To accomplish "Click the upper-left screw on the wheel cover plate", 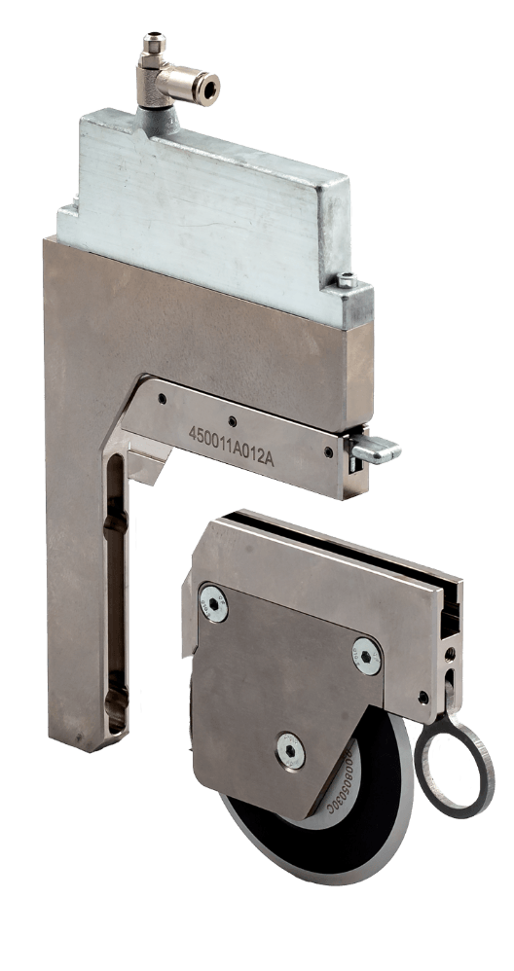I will pos(212,601).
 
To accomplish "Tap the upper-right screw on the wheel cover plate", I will pos(367,656).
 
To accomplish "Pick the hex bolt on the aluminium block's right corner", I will pos(347,282).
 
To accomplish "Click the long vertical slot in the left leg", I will pos(116,593).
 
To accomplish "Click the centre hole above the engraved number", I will pos(232,421).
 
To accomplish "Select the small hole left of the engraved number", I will pos(163,399).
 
